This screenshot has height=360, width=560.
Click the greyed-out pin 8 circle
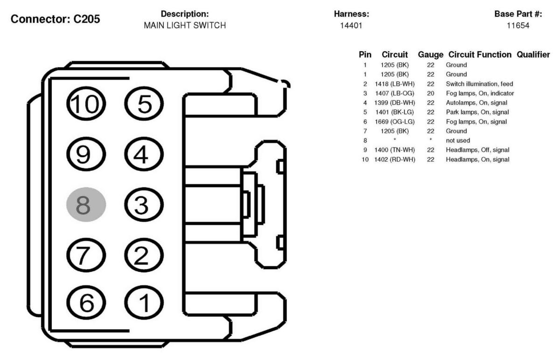click(x=86, y=204)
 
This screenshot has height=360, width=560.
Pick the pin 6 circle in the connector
click(x=86, y=304)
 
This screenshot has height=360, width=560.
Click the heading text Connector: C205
click(x=56, y=20)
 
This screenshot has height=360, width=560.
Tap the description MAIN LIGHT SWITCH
click(x=185, y=26)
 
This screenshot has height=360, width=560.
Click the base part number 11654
click(x=518, y=26)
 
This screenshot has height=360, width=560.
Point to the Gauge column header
click(x=431, y=55)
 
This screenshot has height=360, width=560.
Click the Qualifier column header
click(x=533, y=55)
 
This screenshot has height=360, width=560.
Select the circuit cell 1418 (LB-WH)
click(x=395, y=84)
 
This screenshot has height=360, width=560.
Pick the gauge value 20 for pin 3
click(x=431, y=93)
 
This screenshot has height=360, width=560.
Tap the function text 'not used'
click(x=458, y=140)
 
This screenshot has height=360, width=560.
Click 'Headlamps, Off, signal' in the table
click(x=477, y=150)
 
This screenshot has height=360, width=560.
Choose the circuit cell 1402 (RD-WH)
click(x=395, y=159)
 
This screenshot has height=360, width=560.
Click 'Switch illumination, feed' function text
click(x=479, y=84)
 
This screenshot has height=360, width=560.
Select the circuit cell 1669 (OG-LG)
click(x=395, y=122)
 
